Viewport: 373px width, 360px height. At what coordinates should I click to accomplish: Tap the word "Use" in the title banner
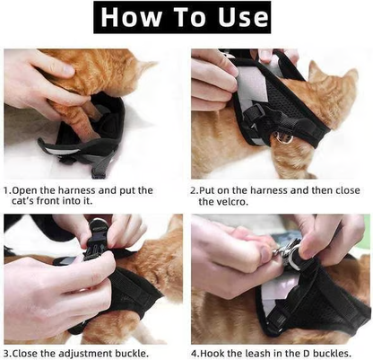point(238,18)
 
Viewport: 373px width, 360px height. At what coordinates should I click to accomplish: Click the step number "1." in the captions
point(8,190)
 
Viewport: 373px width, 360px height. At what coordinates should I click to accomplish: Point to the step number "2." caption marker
point(195,190)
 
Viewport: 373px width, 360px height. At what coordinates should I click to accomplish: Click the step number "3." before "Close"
point(8,353)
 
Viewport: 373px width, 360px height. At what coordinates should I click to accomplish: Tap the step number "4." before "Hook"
point(195,353)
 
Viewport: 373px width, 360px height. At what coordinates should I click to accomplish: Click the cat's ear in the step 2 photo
point(317,70)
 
